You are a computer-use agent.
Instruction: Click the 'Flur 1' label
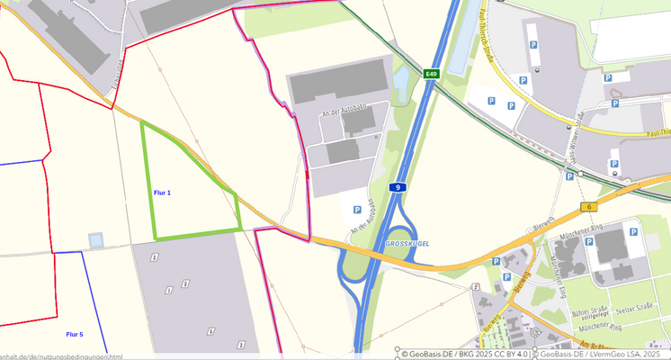(x=162, y=193)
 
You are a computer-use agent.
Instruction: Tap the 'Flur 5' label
(x=75, y=334)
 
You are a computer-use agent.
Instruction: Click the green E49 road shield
(x=432, y=74)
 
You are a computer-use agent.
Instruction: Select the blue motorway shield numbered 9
(x=396, y=186)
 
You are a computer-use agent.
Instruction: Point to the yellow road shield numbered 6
(x=589, y=207)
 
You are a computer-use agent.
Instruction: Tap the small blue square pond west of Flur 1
(x=95, y=240)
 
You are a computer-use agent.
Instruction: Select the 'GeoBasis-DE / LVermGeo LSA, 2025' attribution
(x=604, y=354)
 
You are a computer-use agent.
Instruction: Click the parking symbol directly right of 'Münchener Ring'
(x=633, y=232)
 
